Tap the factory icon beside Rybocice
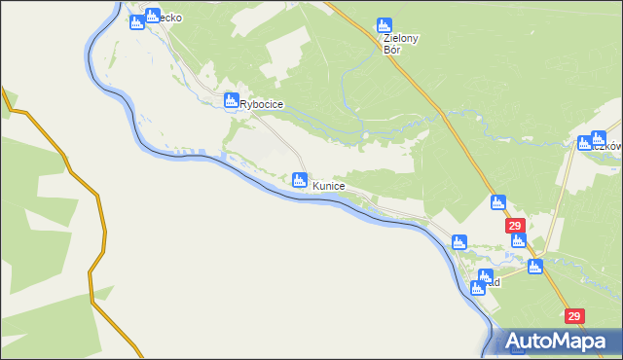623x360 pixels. pyautogui.click(x=232, y=99)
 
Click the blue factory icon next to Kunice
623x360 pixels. pyautogui.click(x=300, y=179)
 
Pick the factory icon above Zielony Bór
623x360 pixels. pyautogui.click(x=384, y=26)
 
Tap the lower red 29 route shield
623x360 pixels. pyautogui.click(x=574, y=316)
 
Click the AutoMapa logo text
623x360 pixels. pyautogui.click(x=558, y=342)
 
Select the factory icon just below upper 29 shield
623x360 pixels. pyautogui.click(x=518, y=240)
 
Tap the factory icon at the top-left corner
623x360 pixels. pyautogui.click(x=137, y=19)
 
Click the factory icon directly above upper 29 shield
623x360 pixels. pyautogui.click(x=497, y=202)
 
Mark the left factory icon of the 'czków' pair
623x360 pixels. pyautogui.click(x=584, y=143)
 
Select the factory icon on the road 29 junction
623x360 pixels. pyautogui.click(x=534, y=267)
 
